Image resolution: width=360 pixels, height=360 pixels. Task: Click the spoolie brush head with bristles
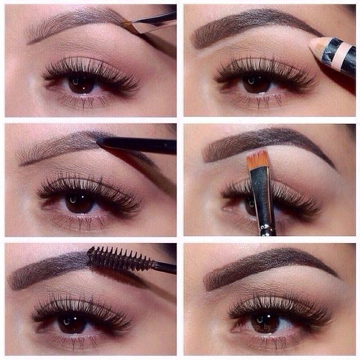click(x=119, y=259)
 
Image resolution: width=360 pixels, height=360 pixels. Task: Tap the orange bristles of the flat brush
click(x=257, y=159)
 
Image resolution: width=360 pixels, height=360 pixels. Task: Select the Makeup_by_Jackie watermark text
click(x=264, y=327)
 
